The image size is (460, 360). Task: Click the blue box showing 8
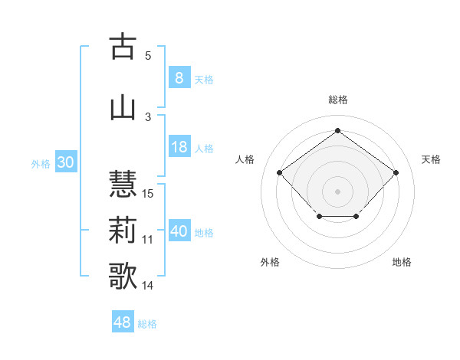click(179, 78)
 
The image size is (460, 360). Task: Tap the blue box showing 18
click(179, 148)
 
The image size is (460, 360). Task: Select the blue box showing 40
click(179, 232)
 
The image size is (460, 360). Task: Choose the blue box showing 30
click(65, 163)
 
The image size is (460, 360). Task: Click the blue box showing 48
click(123, 322)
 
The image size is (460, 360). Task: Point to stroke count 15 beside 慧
click(149, 193)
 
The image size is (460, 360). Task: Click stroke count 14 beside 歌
click(149, 286)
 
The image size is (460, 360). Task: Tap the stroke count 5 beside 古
click(148, 55)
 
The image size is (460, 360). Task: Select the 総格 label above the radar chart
click(337, 100)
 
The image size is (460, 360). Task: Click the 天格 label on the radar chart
click(431, 159)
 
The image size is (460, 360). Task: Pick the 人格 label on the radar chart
click(245, 159)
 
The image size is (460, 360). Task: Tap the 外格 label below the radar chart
click(270, 262)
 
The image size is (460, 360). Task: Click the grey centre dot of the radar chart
click(337, 191)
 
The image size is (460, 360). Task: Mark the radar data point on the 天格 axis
click(396, 172)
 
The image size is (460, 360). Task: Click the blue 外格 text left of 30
click(40, 164)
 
